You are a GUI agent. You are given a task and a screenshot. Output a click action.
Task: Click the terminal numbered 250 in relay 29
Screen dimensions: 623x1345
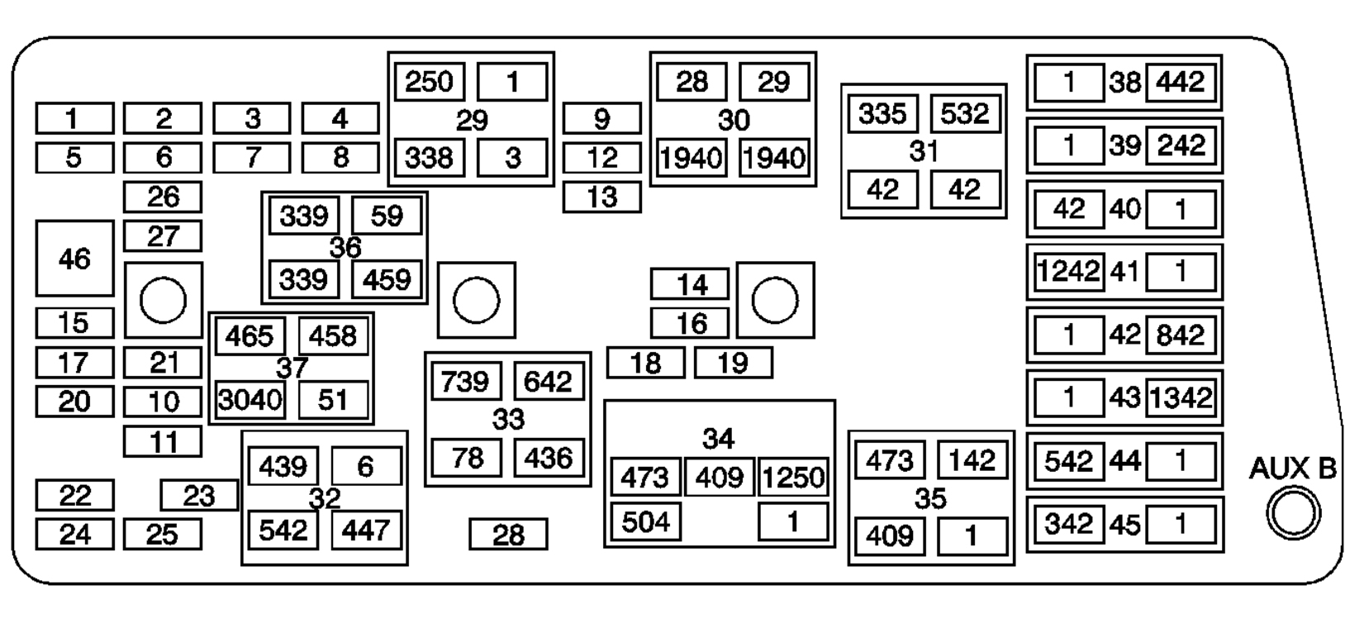pyautogui.click(x=430, y=82)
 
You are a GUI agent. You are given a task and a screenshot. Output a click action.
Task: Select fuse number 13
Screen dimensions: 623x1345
pyautogui.click(x=601, y=197)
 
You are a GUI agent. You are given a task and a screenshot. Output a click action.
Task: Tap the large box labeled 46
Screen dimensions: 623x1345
pyautogui.click(x=74, y=259)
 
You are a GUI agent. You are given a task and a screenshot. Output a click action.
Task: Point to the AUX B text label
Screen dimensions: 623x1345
pyautogui.click(x=1292, y=469)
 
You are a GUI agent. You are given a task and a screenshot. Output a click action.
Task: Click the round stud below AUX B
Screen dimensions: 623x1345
pyautogui.click(x=1293, y=514)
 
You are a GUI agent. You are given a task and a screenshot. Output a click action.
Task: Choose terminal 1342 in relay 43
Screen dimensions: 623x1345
pyautogui.click(x=1181, y=398)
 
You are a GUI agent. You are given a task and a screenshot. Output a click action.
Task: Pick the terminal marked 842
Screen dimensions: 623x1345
pyautogui.click(x=1181, y=335)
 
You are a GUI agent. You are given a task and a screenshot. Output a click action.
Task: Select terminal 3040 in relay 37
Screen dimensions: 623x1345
pyautogui.click(x=250, y=401)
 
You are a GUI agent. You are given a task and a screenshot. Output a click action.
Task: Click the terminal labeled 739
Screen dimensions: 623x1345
pyautogui.click(x=466, y=382)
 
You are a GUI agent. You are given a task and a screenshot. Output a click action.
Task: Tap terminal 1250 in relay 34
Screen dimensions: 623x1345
pyautogui.click(x=793, y=478)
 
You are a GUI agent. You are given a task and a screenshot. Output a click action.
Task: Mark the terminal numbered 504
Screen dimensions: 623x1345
pyautogui.click(x=646, y=522)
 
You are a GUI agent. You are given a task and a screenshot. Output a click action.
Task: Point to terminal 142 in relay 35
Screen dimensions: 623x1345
pyautogui.click(x=972, y=460)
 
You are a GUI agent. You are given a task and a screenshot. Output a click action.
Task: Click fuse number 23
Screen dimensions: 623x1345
pyautogui.click(x=198, y=496)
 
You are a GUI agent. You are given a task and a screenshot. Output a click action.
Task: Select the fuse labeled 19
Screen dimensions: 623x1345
pyautogui.click(x=733, y=363)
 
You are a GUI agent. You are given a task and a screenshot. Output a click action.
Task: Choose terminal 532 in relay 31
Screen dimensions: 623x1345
pyautogui.click(x=964, y=113)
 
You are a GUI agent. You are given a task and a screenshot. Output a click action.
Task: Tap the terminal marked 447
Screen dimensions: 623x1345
pyautogui.click(x=366, y=530)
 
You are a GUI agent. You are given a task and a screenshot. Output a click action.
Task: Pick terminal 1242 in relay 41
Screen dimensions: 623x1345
pyautogui.click(x=1069, y=272)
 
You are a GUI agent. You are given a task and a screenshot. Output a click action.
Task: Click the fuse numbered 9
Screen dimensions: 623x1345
pyautogui.click(x=601, y=119)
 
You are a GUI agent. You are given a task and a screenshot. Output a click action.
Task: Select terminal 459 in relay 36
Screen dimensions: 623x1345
pyautogui.click(x=387, y=279)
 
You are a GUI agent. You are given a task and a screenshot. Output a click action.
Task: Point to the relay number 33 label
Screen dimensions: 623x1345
pyautogui.click(x=508, y=420)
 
